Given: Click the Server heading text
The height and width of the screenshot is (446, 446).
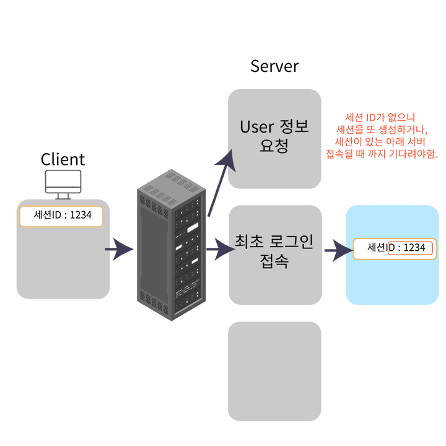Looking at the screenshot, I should (x=274, y=66).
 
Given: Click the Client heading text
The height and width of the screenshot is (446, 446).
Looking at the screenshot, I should (x=63, y=159).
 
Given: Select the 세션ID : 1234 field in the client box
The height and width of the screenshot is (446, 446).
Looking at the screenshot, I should (x=61, y=216).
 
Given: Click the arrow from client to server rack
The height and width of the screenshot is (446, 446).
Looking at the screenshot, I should (x=119, y=250).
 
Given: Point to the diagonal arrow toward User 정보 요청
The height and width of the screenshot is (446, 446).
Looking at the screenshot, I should (x=221, y=180).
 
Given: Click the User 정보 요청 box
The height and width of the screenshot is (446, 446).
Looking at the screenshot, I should (x=274, y=139).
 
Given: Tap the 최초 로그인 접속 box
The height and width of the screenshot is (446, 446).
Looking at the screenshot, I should (x=274, y=255).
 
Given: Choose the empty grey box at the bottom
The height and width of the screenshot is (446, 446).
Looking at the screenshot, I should (x=274, y=370).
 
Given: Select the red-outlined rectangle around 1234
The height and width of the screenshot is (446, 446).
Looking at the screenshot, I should (x=410, y=248).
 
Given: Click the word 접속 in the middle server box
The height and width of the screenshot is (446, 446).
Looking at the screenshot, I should (x=274, y=262).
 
